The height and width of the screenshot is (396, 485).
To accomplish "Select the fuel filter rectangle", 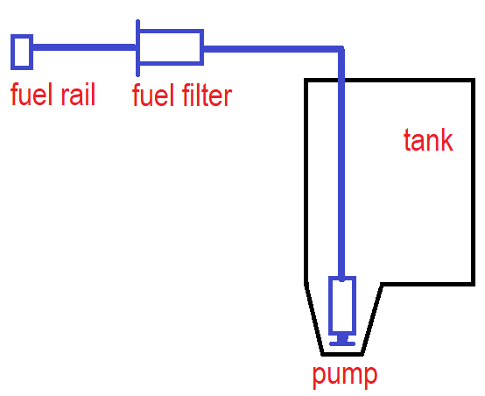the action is pos(171,31).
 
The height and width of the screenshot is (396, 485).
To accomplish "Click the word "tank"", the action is pos(428,140).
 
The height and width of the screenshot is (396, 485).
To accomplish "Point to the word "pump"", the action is pos(345,376).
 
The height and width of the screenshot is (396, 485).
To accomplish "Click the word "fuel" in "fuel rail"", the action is pos(31,94).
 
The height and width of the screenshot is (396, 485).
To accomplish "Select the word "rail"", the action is pos(78,94).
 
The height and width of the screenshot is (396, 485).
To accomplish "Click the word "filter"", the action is pos(207,95).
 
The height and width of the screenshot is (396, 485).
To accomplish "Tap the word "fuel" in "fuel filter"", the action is pos(152,95).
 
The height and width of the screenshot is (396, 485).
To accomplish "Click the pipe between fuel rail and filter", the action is pos(84,47).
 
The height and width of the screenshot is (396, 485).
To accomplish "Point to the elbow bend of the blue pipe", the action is pos(341,49).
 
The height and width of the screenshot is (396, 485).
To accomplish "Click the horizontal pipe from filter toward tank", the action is pos(273,49).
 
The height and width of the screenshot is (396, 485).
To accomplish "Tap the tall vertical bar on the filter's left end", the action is pos(138,48).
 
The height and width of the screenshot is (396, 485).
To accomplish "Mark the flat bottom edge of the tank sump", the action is pos(342,354).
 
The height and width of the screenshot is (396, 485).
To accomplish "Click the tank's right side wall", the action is pos(473,182).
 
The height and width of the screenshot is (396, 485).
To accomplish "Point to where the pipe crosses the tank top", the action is pos(341,81).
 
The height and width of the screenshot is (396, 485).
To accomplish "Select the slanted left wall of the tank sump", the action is pos(314,319).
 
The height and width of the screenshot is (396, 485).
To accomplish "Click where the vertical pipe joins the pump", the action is pos(341,278).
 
